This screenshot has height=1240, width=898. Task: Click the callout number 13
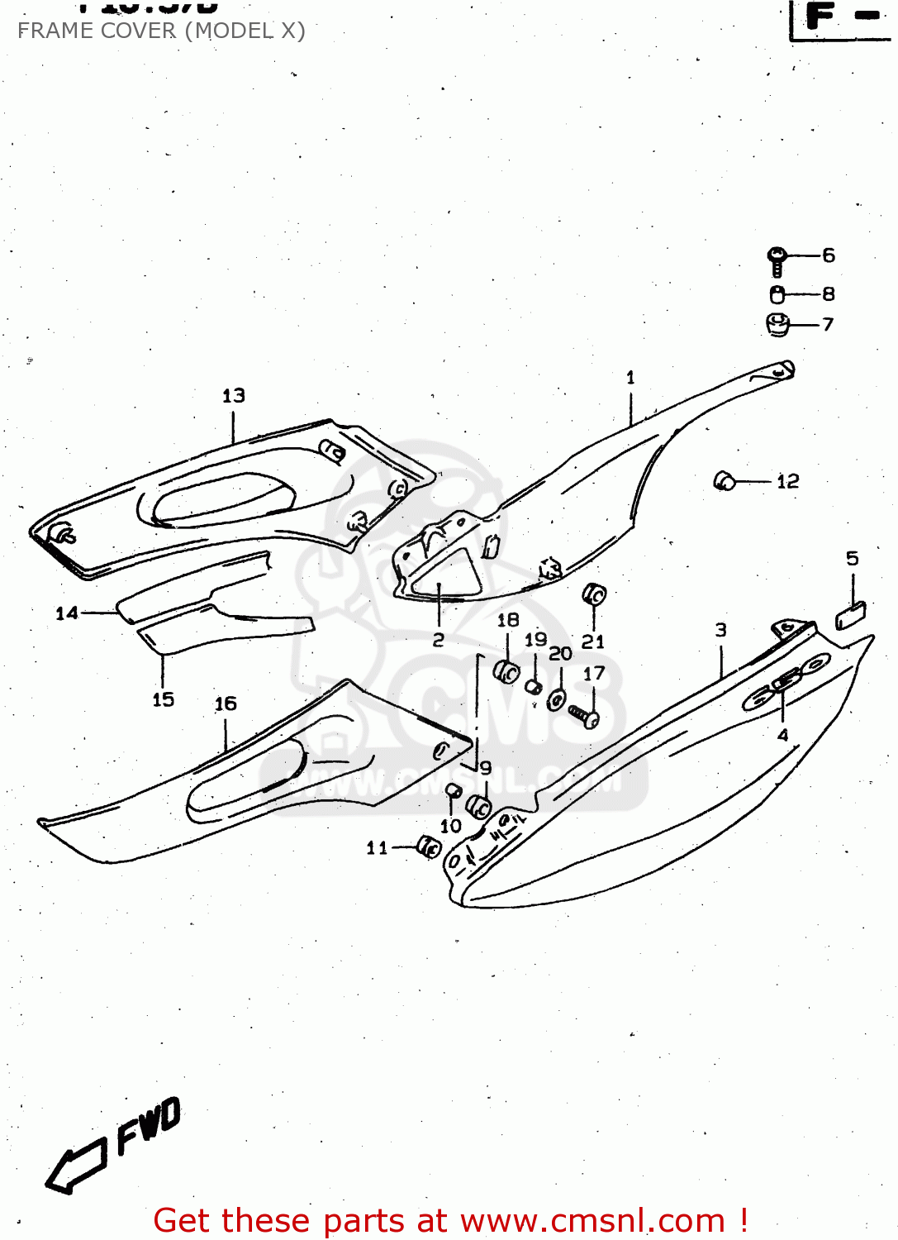coord(234,396)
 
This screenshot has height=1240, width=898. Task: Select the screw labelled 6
coord(777,260)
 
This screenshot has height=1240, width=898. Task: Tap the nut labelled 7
coord(777,324)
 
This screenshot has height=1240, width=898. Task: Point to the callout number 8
coord(828,294)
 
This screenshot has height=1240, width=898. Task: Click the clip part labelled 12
coord(725,480)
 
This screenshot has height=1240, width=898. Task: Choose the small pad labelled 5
coord(850,616)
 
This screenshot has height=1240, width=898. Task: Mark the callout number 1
coord(630,378)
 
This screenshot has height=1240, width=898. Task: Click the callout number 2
coord(439,640)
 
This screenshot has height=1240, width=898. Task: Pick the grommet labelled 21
coord(594,594)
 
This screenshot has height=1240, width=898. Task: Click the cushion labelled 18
coord(506,671)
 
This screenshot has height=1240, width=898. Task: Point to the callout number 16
coord(226,703)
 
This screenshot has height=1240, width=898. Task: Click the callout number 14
coord(66,613)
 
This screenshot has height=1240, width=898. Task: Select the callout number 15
coord(164,699)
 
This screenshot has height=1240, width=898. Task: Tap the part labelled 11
coord(429,847)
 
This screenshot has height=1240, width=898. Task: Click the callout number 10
coord(450,825)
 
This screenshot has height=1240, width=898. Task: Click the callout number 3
coord(721,630)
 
